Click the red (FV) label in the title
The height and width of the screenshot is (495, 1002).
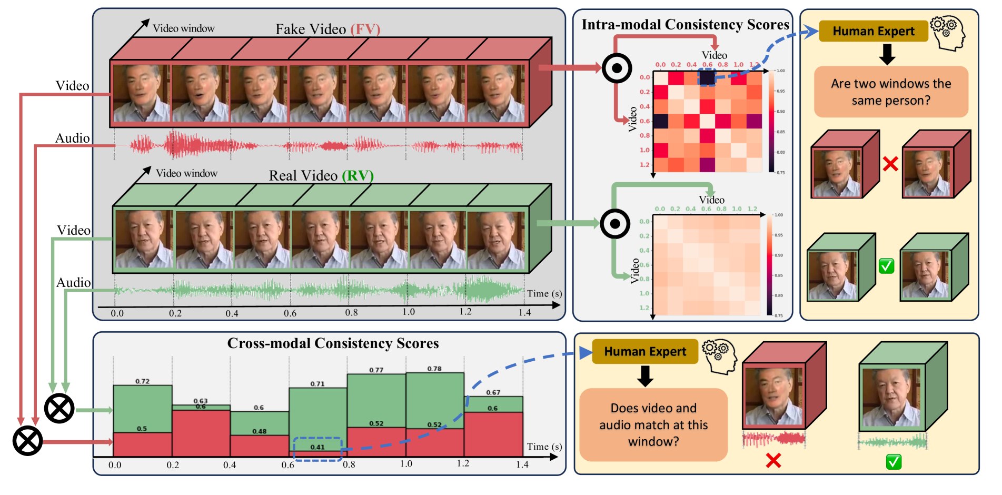pos(365,29)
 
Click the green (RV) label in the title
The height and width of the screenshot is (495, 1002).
pos(358,175)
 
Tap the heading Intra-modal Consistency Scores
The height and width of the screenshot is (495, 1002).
pos(685,25)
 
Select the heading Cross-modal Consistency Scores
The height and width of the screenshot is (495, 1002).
pos(333,343)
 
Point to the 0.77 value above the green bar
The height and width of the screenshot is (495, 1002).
pos(376,370)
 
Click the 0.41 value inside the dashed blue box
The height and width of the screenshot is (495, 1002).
pos(317,447)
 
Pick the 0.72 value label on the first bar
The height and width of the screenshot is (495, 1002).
pos(142,381)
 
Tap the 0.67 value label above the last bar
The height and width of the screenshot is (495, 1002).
pos(493,392)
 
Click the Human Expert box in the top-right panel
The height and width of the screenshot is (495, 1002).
pos(873,32)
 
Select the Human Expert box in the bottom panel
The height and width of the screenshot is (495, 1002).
pos(645,351)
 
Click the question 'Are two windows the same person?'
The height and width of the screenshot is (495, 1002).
pos(891,92)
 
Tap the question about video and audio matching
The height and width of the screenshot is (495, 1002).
pos(653,424)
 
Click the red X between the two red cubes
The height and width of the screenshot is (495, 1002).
pos(890,164)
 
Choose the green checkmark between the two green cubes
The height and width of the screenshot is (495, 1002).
pos(886,266)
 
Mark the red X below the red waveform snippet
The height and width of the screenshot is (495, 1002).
pos(773,461)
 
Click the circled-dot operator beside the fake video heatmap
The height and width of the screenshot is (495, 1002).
pos(617,68)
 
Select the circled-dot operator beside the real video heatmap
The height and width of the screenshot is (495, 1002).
pos(614,224)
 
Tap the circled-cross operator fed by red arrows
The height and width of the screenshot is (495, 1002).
pos(27,441)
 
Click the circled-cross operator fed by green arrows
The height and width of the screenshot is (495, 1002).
pos(59,408)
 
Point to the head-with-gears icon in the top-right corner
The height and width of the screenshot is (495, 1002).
pos(948,33)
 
